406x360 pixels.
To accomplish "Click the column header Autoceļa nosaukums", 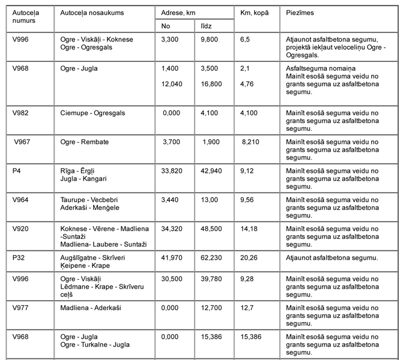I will pyautogui.click(x=83, y=13).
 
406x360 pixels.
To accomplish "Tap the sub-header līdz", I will pyautogui.click(x=207, y=26).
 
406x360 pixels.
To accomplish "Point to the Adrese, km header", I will pyautogui.click(x=179, y=13).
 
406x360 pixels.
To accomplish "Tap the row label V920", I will pyautogui.click(x=21, y=229).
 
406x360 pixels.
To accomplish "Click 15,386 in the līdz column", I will pyautogui.click(x=211, y=337).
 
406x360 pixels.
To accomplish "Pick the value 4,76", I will pyautogui.click(x=247, y=84).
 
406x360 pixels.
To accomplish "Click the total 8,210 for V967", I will pyautogui.click(x=252, y=142).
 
